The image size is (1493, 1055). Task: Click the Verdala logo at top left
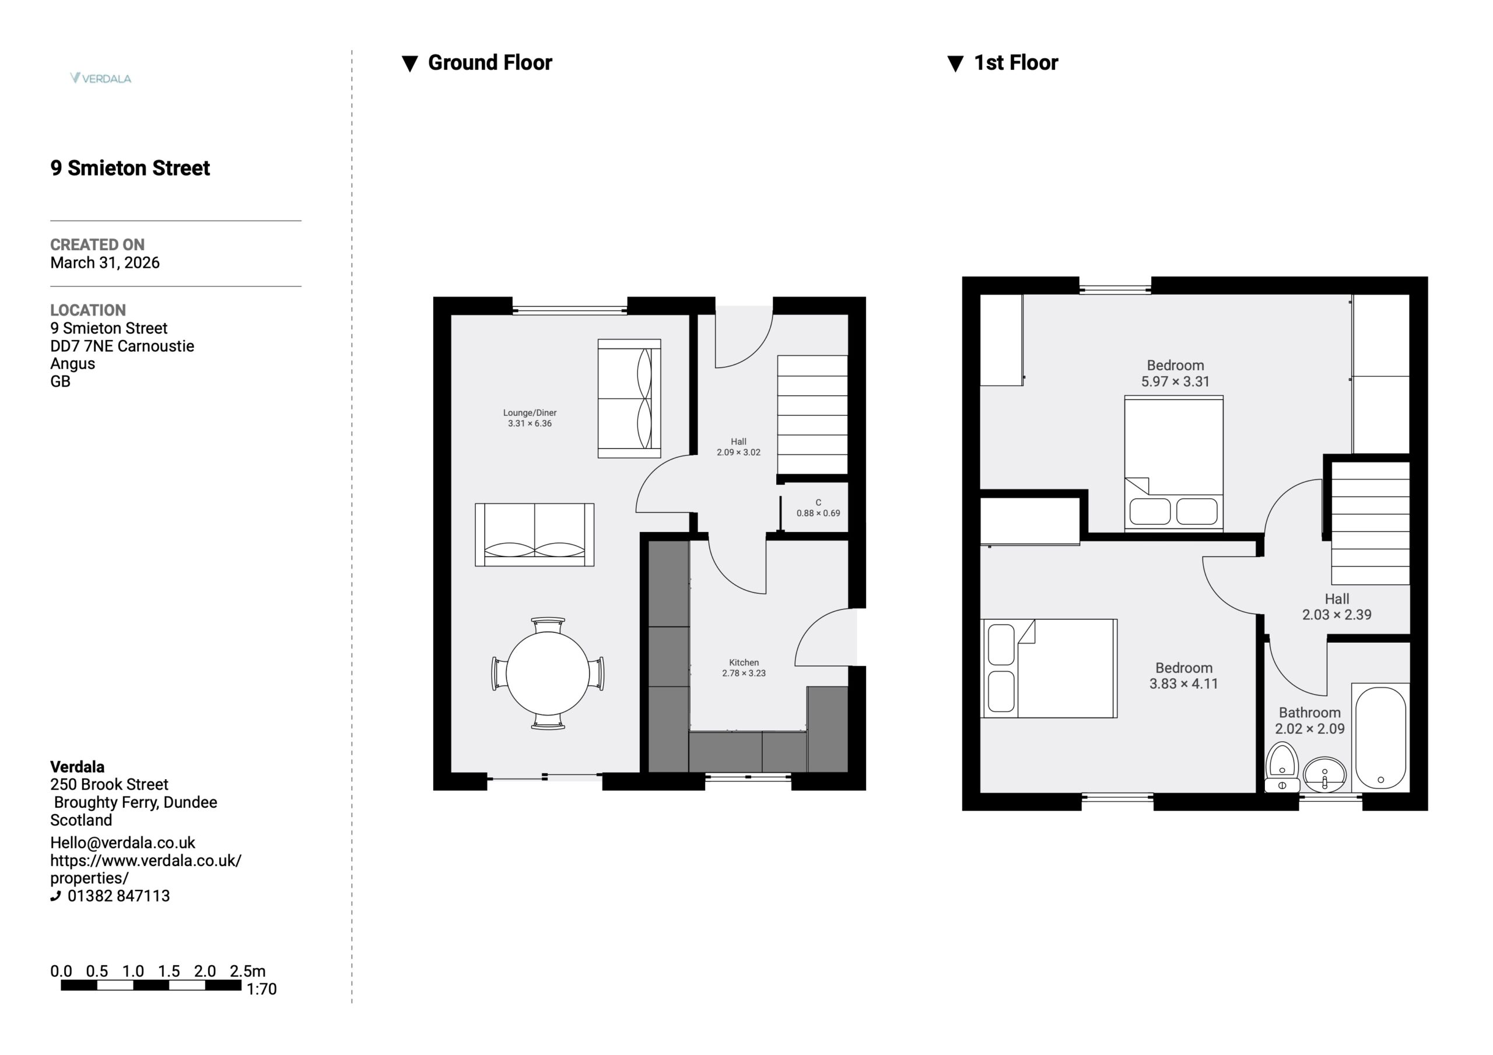click(101, 78)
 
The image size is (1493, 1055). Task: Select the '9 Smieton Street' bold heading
click(130, 168)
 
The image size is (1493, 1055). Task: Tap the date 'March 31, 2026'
click(105, 263)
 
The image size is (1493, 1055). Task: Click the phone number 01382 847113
click(118, 896)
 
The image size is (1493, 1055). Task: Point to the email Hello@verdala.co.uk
click(122, 843)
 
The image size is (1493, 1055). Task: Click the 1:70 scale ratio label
click(261, 989)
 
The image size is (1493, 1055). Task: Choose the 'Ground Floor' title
click(490, 62)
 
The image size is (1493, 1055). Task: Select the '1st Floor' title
click(1016, 62)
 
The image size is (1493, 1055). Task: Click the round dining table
click(548, 673)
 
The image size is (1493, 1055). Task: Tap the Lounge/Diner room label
click(530, 413)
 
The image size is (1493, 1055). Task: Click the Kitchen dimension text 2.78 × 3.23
click(744, 673)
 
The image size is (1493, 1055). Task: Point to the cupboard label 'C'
click(818, 503)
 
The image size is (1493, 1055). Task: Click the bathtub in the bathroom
click(1380, 738)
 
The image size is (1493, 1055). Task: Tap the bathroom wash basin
click(1324, 774)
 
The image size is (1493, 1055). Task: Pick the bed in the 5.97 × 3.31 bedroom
click(1174, 463)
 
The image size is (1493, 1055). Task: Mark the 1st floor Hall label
click(1337, 599)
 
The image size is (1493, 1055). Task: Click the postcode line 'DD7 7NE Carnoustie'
click(122, 346)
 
